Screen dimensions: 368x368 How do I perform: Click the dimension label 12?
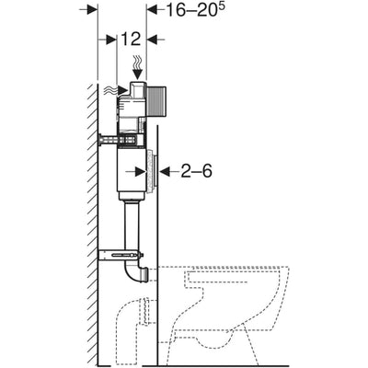[131, 39]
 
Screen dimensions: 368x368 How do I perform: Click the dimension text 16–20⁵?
[196, 10]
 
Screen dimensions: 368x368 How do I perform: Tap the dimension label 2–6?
[196, 171]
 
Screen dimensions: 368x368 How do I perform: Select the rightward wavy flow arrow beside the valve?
[116, 90]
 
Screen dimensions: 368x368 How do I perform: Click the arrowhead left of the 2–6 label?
[165, 171]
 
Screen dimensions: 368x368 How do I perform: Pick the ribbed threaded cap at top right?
[156, 102]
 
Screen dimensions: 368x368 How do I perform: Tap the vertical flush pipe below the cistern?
[132, 227]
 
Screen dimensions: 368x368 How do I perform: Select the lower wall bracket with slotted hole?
[121, 255]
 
